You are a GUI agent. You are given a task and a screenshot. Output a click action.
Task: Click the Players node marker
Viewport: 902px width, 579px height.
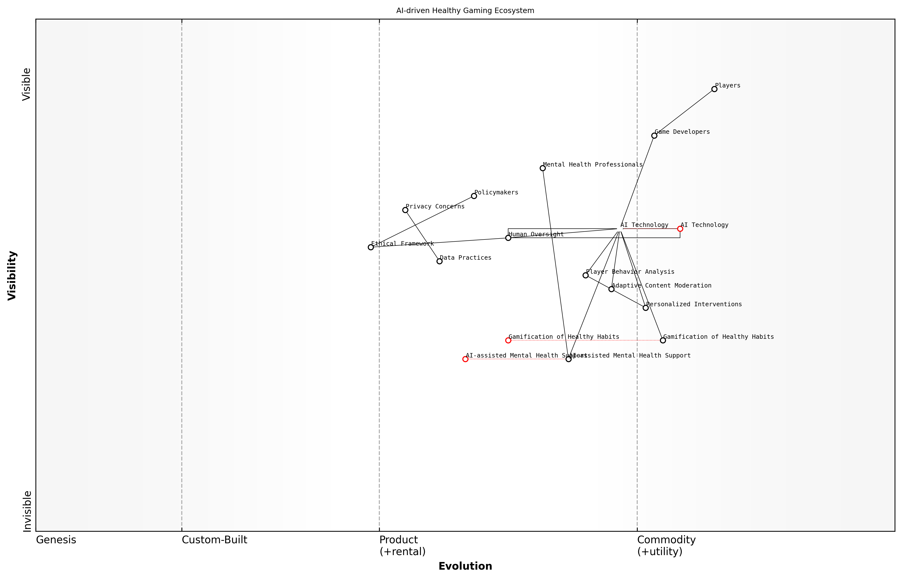714,89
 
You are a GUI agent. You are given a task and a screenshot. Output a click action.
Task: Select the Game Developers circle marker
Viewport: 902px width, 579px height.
654,136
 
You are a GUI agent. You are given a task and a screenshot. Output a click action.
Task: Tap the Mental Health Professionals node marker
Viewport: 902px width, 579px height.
543,168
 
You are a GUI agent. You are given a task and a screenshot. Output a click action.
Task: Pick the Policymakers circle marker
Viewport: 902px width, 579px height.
474,196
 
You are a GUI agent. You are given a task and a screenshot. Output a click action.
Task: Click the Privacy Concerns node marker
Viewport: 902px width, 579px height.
405,210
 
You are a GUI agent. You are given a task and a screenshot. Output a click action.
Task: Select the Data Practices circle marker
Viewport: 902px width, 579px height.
439,261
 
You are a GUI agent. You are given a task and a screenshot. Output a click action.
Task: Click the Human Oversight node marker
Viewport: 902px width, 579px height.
508,238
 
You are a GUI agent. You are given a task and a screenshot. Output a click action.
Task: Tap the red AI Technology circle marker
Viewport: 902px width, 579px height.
680,229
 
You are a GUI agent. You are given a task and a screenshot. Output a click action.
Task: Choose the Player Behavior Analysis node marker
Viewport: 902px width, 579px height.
585,275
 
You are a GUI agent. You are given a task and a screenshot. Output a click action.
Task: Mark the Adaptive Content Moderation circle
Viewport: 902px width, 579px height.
612,289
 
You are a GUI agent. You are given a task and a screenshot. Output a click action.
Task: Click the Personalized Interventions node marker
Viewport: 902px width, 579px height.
646,308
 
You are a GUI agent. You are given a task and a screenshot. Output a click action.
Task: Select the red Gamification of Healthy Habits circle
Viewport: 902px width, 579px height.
508,340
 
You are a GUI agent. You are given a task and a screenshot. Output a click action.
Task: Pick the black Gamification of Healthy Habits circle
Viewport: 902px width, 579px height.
663,340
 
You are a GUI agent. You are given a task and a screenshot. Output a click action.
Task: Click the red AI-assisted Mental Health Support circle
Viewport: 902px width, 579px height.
465,359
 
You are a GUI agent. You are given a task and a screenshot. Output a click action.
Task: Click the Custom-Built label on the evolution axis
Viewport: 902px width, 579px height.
214,540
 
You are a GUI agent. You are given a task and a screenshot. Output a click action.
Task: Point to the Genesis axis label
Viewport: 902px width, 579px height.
56,540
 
